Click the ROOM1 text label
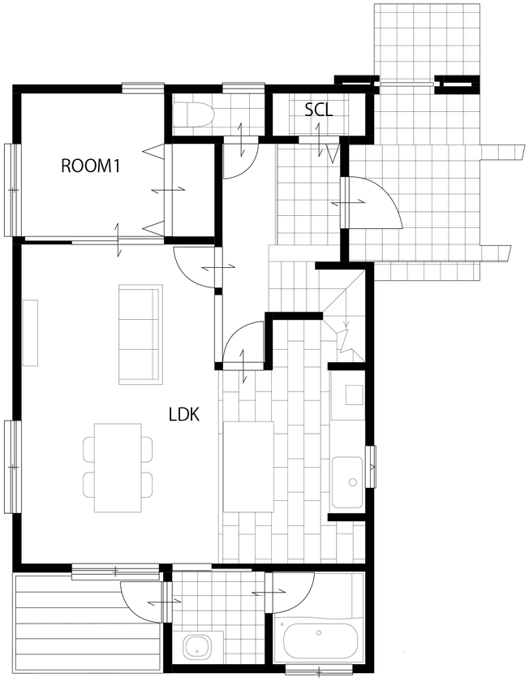coord(90,166)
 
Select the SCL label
coord(319,109)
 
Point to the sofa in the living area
coord(140,334)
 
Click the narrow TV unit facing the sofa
coord(31,334)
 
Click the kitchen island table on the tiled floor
coord(248,467)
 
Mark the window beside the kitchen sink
coord(371,466)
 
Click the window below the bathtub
coord(318,671)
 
